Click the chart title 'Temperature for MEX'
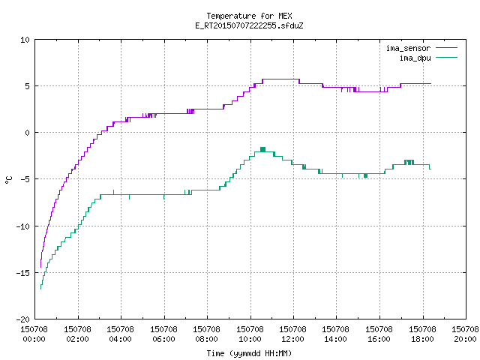tap(249, 16)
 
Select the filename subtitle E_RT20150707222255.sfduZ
tap(249, 25)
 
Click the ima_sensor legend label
tap(408, 48)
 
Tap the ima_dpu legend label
tap(415, 58)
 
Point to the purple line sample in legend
tap(446, 48)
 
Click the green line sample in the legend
tap(446, 57)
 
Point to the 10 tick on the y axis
tap(25, 40)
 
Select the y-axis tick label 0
tap(28, 133)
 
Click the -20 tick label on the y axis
tap(23, 319)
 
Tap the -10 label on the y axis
tap(23, 226)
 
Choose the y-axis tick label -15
tap(23, 273)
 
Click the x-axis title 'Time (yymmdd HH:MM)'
tap(249, 353)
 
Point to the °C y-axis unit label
tap(8, 180)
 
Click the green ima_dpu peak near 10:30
tap(262, 149)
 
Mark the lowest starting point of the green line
tap(40, 289)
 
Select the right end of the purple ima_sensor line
tap(430, 83)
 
